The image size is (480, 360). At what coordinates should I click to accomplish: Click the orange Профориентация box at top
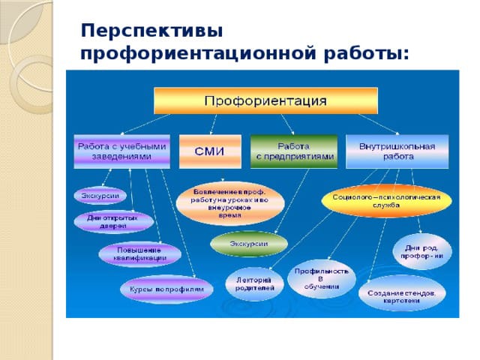(265, 100)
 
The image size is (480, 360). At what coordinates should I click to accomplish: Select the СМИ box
(210, 151)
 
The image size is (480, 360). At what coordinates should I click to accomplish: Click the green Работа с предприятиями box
(293, 151)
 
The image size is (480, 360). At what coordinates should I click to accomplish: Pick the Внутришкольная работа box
(397, 151)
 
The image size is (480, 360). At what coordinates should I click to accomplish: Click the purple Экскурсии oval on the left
(100, 196)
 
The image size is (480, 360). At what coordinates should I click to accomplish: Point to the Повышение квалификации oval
(140, 253)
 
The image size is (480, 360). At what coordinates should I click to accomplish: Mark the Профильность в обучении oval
(320, 277)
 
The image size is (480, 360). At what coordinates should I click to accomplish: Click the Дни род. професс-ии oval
(422, 251)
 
